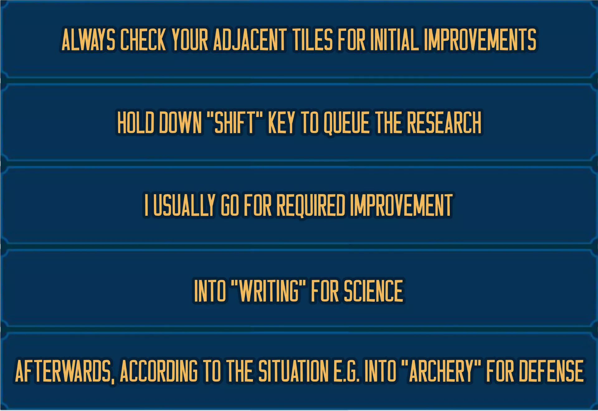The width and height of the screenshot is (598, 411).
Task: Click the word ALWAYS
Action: (x=88, y=40)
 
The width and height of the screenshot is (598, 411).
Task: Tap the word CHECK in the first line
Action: (x=143, y=40)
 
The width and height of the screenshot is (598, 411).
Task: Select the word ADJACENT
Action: (x=250, y=40)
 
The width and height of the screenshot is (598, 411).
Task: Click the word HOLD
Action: (x=136, y=122)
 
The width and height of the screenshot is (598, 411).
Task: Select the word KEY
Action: (x=281, y=122)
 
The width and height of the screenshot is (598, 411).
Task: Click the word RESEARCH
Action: (x=444, y=122)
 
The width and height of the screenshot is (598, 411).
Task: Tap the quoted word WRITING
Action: (x=269, y=291)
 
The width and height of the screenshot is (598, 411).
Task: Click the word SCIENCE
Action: (x=373, y=291)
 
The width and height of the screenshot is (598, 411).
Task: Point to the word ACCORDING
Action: (x=159, y=371)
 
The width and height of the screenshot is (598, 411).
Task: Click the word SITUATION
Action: (x=293, y=371)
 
